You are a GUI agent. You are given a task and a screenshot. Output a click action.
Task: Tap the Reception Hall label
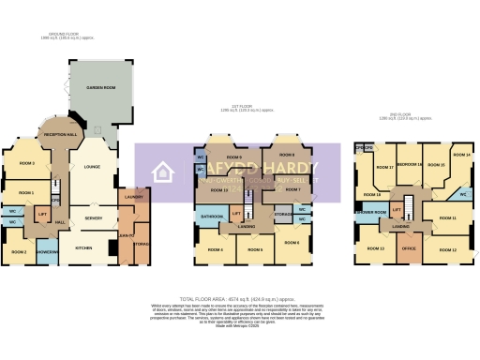coord(60,134)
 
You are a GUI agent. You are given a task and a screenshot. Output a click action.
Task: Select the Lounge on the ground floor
coord(92,167)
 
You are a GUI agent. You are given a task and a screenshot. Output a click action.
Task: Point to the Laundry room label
coord(132,198)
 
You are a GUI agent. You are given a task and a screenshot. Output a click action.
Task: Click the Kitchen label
coord(83,247)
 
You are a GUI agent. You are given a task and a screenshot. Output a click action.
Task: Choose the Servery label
coord(94,217)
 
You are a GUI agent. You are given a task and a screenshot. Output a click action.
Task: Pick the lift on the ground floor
coord(43,216)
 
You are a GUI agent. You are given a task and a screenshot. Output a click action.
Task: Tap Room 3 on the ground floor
coord(26,164)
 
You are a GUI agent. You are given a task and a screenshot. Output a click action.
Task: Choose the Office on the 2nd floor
coord(408,247)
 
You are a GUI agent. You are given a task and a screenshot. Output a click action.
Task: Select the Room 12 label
coord(447,249)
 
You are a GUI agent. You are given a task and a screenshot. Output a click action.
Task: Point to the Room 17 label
coord(384,167)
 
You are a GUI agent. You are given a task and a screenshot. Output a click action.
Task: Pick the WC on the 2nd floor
coord(463,194)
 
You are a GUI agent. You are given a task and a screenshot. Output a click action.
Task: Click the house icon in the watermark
coord(163,172)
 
